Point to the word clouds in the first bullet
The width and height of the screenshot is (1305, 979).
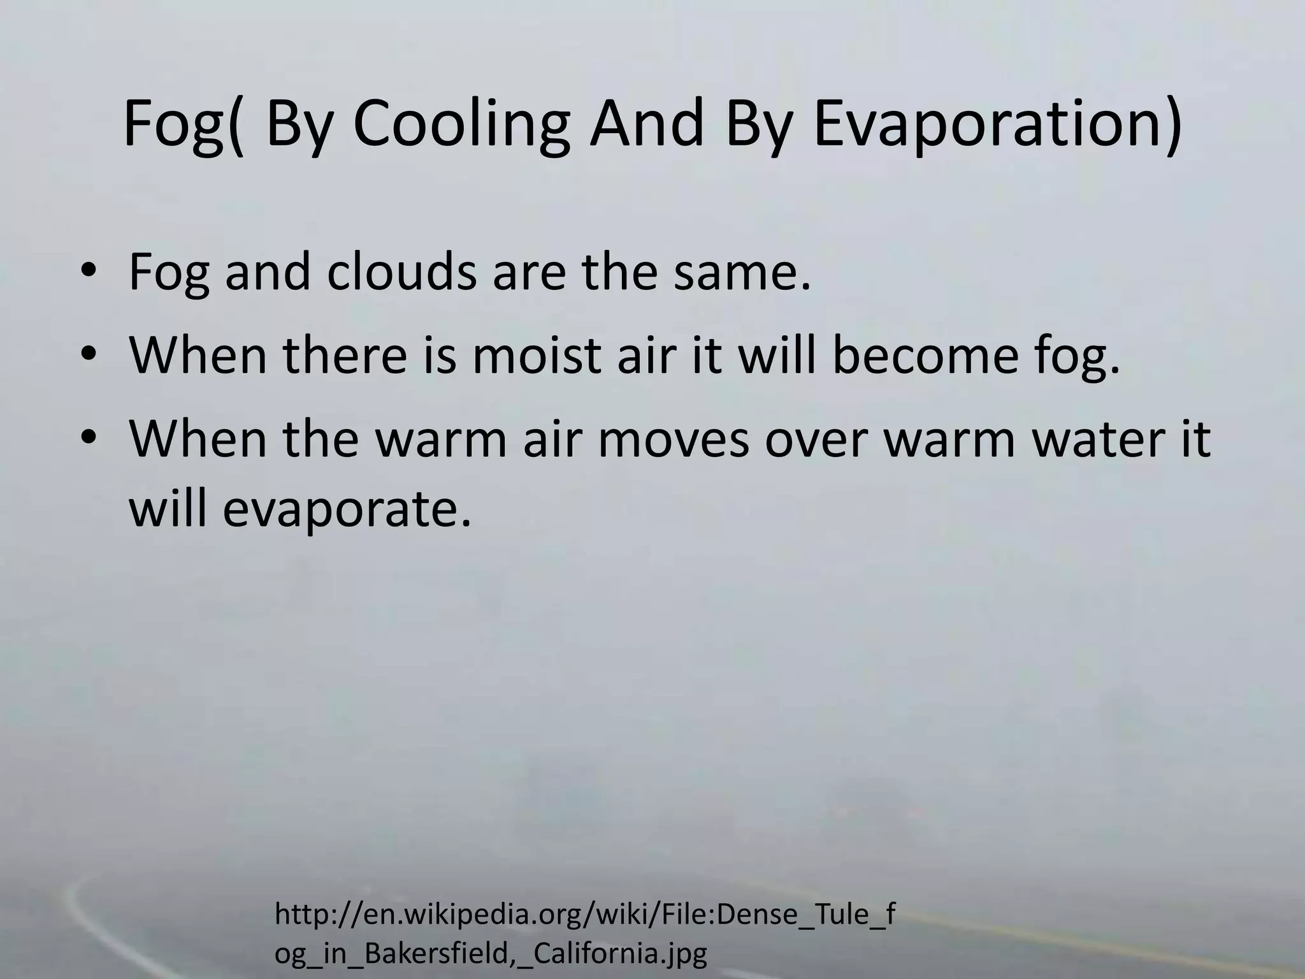pos(401,272)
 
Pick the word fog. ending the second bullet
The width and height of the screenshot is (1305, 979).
pos(1076,357)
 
